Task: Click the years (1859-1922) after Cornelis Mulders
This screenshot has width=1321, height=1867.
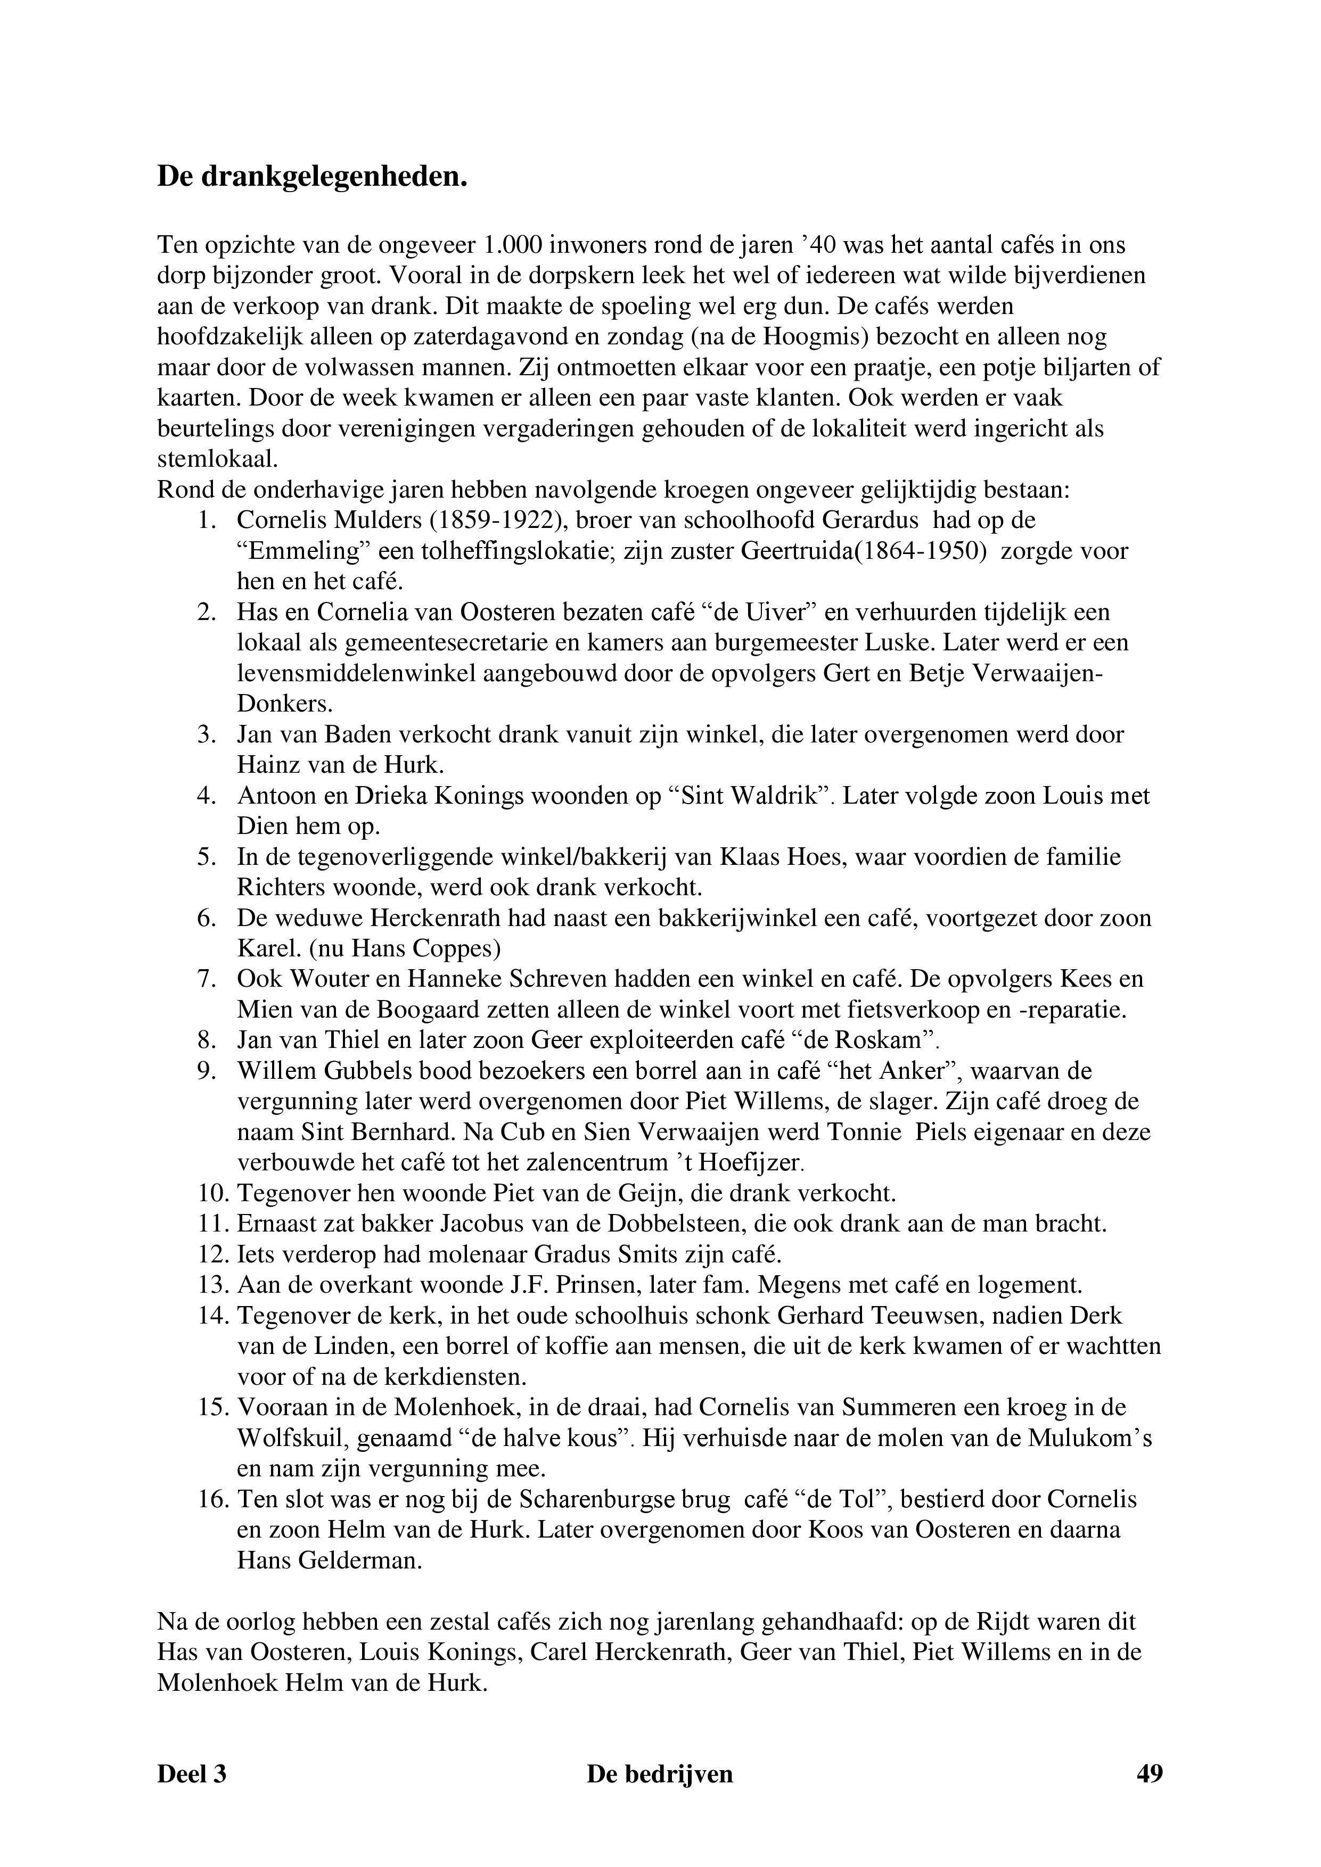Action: tap(507, 521)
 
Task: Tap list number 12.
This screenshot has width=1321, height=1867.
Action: tap(213, 1255)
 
